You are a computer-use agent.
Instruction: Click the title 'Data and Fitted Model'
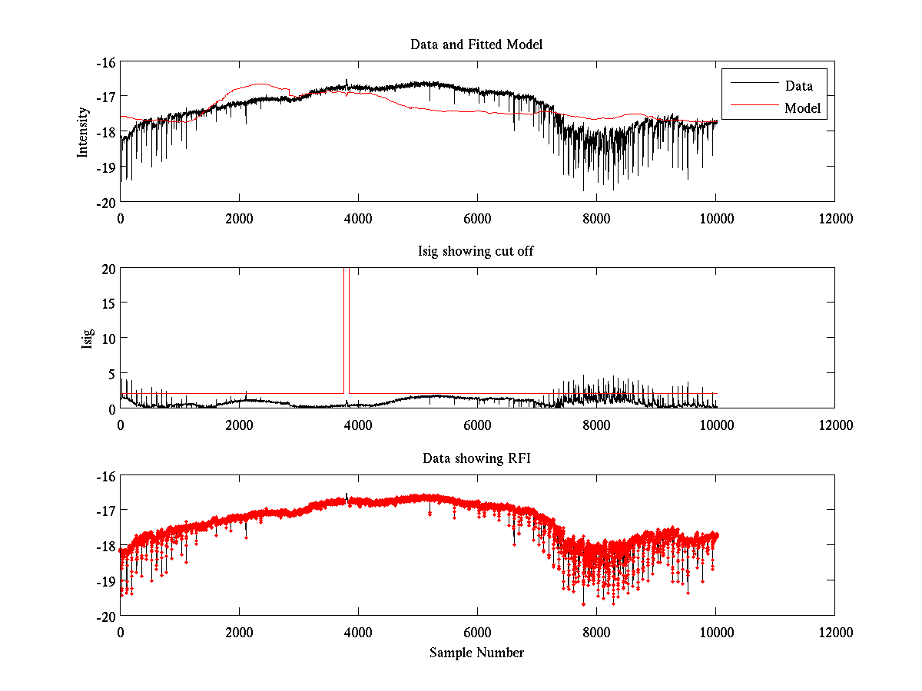click(x=476, y=45)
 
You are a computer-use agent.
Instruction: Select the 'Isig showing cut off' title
click(x=476, y=252)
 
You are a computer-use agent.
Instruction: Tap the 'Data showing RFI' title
click(x=476, y=458)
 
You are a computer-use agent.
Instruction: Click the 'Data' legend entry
click(x=798, y=85)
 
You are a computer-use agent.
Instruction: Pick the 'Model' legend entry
click(x=802, y=108)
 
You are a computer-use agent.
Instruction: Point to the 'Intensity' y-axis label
click(x=83, y=132)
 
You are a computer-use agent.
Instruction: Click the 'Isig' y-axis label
click(x=88, y=339)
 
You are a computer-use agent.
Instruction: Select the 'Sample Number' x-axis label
click(x=476, y=653)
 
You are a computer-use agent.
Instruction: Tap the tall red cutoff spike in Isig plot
click(x=347, y=330)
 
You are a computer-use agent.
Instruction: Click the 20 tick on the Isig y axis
click(x=107, y=269)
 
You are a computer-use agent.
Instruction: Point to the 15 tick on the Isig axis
click(x=107, y=303)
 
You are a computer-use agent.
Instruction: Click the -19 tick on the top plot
click(x=104, y=167)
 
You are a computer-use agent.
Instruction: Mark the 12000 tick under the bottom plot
click(x=834, y=632)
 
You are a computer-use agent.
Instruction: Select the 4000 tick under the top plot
click(x=358, y=218)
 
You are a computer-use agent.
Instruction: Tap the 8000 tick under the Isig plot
click(x=596, y=425)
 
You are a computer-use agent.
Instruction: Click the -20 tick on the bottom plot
click(x=104, y=616)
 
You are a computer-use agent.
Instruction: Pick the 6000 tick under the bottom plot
click(x=477, y=632)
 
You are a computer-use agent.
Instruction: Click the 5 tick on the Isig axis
click(x=110, y=373)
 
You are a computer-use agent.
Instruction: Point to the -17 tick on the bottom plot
click(x=104, y=511)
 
